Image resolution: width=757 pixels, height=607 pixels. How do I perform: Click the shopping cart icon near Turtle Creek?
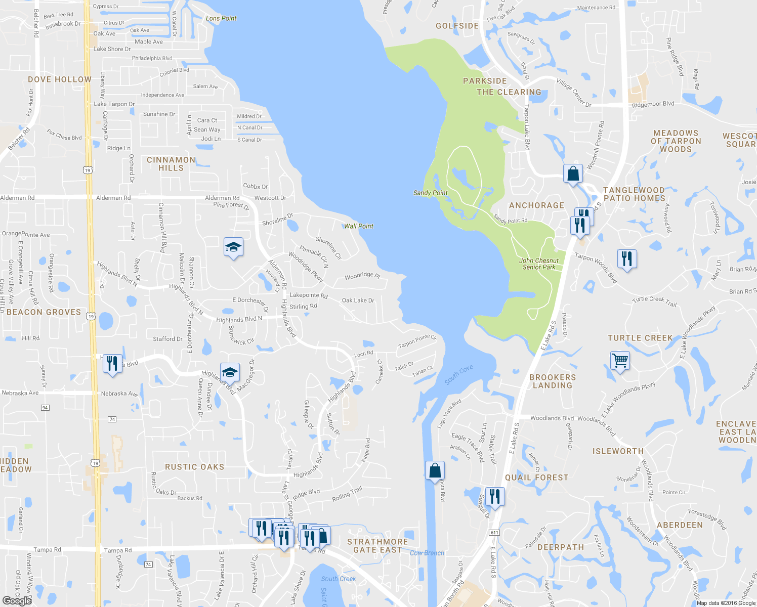point(620,361)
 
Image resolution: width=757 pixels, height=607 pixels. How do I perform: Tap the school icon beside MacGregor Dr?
point(230,372)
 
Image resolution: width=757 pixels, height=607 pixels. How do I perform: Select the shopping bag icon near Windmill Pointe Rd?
point(573,174)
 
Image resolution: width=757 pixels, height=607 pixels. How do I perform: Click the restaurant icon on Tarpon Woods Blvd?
point(627,259)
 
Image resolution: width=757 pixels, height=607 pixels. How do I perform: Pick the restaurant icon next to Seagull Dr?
point(494,496)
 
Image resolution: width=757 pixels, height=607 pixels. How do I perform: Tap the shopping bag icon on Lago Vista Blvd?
point(435,471)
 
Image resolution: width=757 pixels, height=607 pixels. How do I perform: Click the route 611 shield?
point(494,533)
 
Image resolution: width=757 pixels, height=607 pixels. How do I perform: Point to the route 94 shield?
point(45,408)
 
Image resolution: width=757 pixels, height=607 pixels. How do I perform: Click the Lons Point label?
point(221,18)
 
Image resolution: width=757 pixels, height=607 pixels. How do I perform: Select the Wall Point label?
point(359,226)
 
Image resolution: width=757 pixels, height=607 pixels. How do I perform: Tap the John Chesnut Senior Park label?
point(539,264)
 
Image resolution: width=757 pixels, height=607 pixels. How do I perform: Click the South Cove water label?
point(459,375)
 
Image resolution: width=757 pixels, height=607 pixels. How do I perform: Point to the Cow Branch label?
point(427,553)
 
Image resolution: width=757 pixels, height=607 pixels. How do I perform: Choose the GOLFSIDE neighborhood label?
point(457,26)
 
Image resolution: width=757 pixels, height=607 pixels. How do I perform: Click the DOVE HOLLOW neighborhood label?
point(60,79)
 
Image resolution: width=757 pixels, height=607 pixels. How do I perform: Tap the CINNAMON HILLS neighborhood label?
point(171,164)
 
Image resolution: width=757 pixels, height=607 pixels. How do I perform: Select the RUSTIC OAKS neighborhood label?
point(194,467)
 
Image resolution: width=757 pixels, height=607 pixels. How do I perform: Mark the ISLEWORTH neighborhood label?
point(618,451)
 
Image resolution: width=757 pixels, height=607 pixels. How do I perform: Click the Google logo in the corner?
point(17,600)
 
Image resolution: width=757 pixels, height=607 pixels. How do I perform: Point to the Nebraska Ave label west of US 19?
point(20,393)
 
